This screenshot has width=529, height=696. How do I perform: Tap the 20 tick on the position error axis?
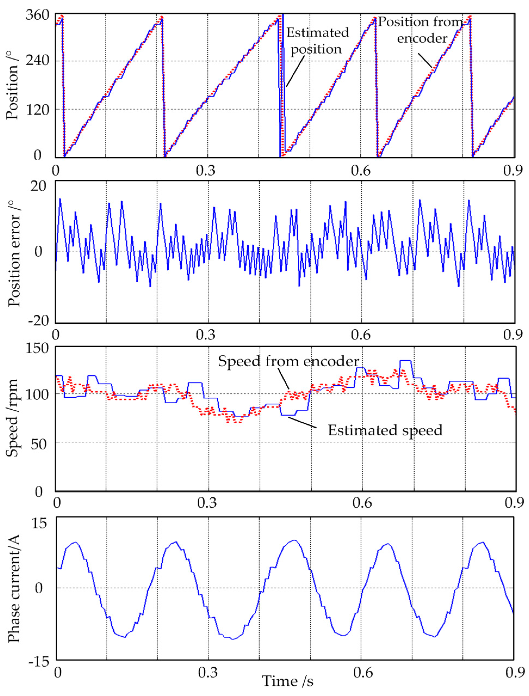pyautogui.click(x=38, y=186)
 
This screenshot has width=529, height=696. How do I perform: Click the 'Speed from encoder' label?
pyautogui.click(x=288, y=361)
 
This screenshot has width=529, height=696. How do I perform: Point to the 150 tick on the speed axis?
pyautogui.click(x=38, y=349)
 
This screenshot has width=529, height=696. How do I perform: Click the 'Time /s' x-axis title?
pyautogui.click(x=288, y=681)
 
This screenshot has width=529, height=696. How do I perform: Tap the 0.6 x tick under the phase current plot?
pyautogui.click(x=363, y=672)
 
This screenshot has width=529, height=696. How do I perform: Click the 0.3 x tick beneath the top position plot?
pyautogui.click(x=206, y=171)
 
